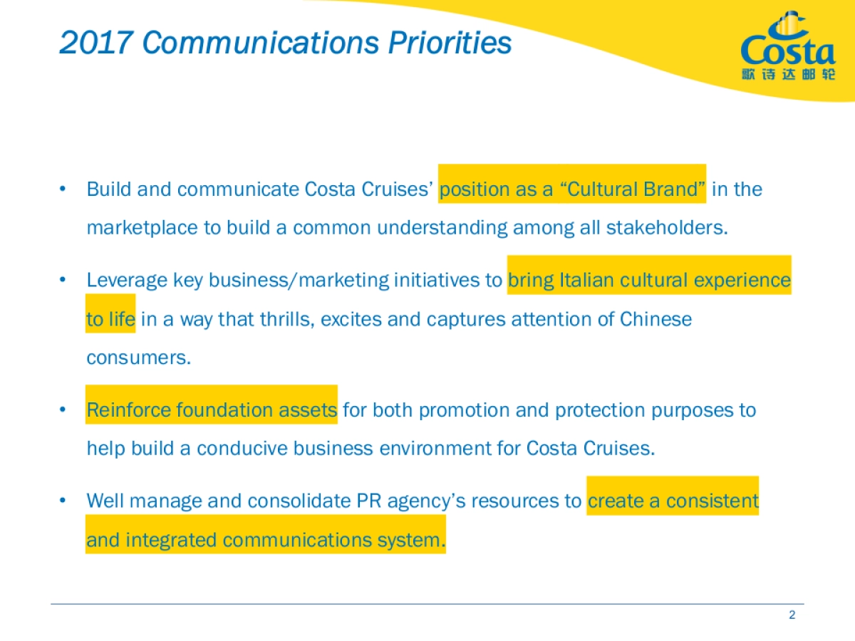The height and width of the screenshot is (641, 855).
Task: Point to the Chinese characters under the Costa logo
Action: pos(787,74)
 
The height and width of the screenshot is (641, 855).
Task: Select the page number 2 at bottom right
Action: pos(792,615)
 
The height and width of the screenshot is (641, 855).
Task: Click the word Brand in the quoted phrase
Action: pos(674,189)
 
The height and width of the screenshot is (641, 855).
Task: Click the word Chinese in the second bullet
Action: pos(655,319)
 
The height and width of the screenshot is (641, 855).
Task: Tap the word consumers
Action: pos(138,358)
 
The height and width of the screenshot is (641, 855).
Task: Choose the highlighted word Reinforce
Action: pos(129,410)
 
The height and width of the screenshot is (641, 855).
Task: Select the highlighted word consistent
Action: pos(712,501)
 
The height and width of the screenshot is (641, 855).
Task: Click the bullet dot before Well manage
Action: pos(63,501)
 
